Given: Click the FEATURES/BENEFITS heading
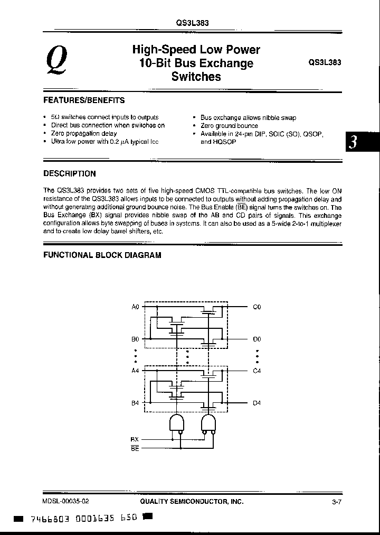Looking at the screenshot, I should click(83, 100).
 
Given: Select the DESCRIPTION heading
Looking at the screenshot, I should click(69, 173).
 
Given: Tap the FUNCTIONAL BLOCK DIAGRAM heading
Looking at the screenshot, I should click(102, 255).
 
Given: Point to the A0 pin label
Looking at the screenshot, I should click(135, 307).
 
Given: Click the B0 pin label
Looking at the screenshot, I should click(135, 339).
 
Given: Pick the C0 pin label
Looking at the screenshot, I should click(257, 307).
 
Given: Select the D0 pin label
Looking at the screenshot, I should click(257, 339).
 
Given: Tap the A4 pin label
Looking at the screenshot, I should click(135, 371).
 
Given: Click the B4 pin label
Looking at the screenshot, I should click(135, 403).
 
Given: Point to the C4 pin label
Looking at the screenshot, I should click(257, 371).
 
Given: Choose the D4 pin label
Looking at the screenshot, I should click(257, 403).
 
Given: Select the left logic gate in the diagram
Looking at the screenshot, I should click(177, 423).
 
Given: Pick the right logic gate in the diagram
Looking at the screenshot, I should click(208, 423).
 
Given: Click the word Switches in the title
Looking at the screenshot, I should click(196, 77).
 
